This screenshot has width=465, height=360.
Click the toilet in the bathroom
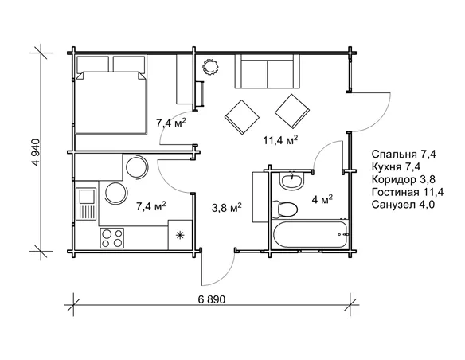pyautogui.click(x=284, y=209)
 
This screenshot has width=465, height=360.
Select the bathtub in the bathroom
pyautogui.click(x=311, y=234)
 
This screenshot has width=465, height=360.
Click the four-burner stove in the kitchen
pyautogui.click(x=111, y=238)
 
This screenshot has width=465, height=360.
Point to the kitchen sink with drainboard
pyautogui.click(x=86, y=204)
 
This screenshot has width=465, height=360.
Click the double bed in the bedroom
pyautogui.click(x=111, y=94)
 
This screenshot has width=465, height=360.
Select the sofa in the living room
pyautogui.click(x=268, y=71)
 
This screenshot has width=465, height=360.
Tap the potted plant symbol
pyautogui.click(x=210, y=66)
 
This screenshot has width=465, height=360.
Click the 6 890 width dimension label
pyautogui.click(x=212, y=299)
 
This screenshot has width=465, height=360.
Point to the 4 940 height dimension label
pyautogui.click(x=36, y=152)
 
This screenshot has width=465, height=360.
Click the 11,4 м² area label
pyautogui.click(x=280, y=139)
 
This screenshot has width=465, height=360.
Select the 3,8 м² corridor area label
pyautogui.click(x=227, y=207)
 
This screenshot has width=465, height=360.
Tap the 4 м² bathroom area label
pyautogui.click(x=322, y=199)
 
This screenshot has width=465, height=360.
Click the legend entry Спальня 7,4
pyautogui.click(x=404, y=155)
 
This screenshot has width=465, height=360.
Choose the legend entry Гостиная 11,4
pyautogui.click(x=408, y=192)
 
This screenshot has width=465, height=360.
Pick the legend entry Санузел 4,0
pyautogui.click(x=404, y=205)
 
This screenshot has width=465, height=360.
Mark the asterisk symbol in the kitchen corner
pyautogui.click(x=180, y=236)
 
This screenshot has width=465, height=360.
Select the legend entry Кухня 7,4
pyautogui.click(x=396, y=167)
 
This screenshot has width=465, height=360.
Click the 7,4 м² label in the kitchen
pyautogui.click(x=150, y=205)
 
